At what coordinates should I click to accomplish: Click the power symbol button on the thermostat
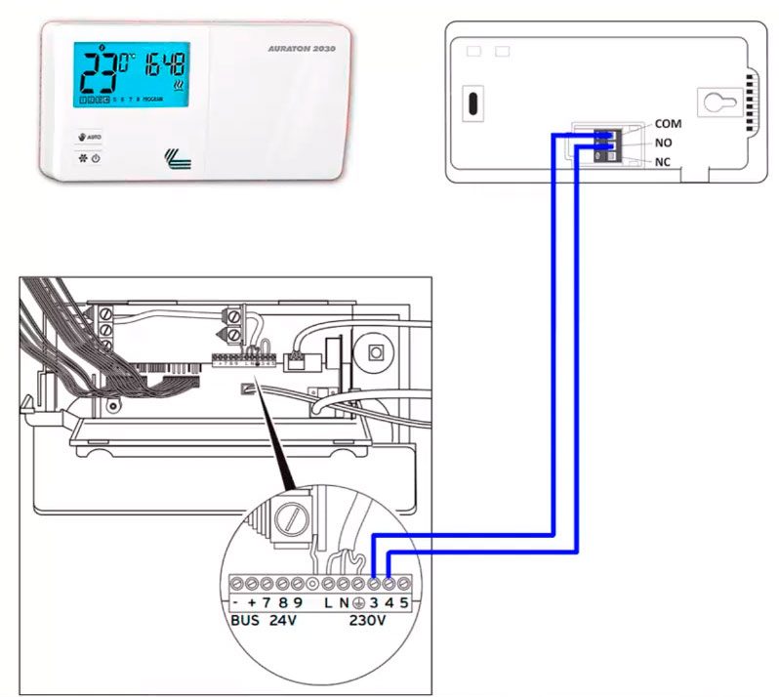[x=97, y=157]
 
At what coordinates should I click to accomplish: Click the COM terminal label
[x=669, y=124]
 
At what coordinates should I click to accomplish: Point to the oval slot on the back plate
[x=471, y=102]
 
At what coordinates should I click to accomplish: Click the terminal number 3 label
[x=374, y=602]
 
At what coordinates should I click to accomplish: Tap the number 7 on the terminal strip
[x=266, y=602]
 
